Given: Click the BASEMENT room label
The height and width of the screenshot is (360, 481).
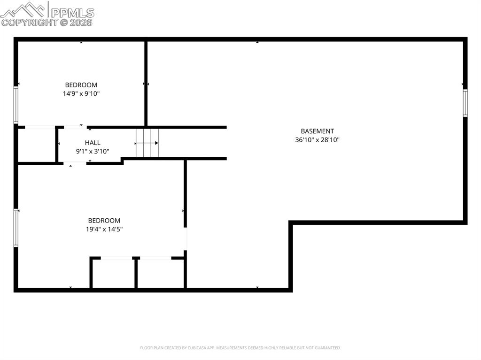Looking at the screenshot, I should click(x=317, y=131).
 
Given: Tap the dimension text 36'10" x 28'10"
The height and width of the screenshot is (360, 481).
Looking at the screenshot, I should click(x=317, y=140).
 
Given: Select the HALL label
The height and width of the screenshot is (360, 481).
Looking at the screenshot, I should click(x=93, y=143).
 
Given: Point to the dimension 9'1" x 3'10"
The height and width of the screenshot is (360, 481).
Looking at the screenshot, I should click(x=93, y=151).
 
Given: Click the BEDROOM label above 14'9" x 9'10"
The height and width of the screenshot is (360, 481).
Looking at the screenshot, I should click(x=81, y=85).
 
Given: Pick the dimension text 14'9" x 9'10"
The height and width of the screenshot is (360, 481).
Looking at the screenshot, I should click(x=81, y=93).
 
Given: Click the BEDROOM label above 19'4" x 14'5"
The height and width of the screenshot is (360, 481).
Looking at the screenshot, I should click(x=104, y=221).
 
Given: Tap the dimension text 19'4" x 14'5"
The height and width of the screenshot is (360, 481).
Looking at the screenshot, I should click(x=104, y=229).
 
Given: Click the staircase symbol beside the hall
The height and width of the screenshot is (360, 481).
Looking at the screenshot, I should click(x=147, y=143).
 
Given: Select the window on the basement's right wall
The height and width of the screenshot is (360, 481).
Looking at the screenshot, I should click(x=465, y=103).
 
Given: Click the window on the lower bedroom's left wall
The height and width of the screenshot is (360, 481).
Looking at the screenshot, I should click(x=16, y=228).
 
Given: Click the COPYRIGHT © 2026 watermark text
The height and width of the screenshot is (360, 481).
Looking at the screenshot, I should click(x=47, y=22).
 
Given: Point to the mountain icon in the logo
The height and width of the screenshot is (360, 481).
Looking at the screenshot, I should click(x=23, y=9).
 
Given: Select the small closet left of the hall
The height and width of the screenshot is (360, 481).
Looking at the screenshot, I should click(x=37, y=145).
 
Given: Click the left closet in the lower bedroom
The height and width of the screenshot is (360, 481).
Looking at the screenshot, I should click(x=113, y=273).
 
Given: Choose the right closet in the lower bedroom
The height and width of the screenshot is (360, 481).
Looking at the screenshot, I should click(x=160, y=273).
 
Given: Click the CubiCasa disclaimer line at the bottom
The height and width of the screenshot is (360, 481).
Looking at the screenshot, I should click(x=240, y=348).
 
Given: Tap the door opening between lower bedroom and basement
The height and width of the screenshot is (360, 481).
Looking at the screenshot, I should click(x=186, y=239).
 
